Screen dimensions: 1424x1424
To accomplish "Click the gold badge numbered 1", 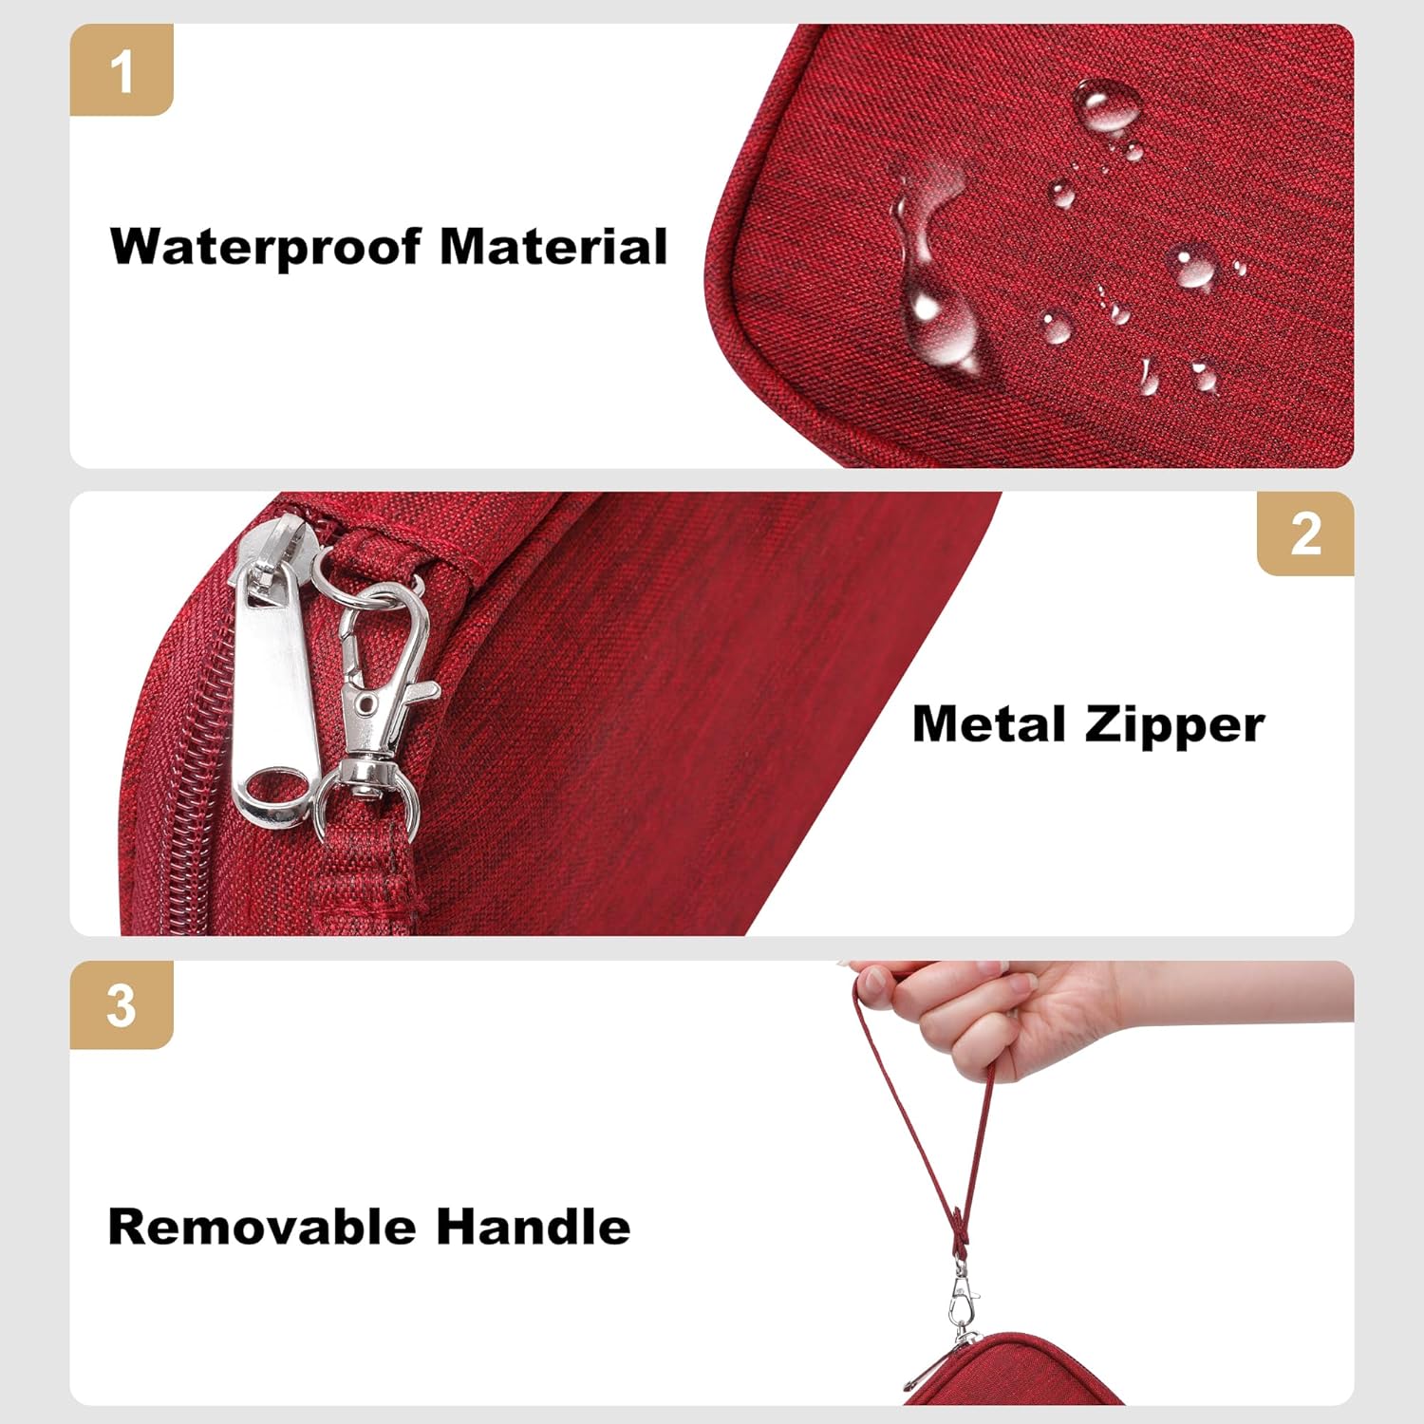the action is [122, 70].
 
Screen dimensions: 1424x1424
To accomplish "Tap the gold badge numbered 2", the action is [1305, 534].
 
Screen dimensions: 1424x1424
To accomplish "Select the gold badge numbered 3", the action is [122, 1004].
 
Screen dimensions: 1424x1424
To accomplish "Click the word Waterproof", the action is [266, 247].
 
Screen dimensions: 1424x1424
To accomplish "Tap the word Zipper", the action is [1175, 726].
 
